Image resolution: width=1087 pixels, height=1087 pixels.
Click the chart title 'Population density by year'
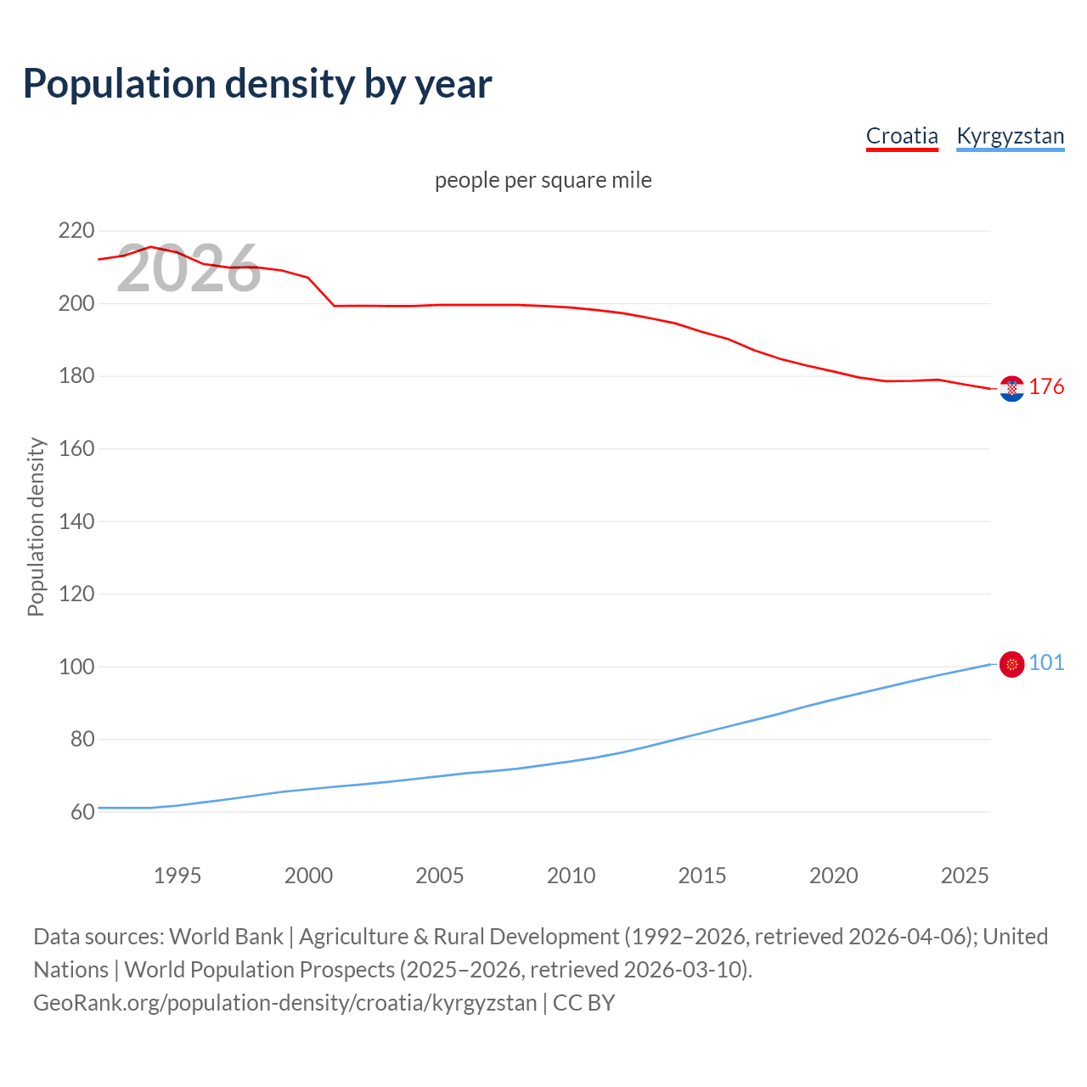point(257,84)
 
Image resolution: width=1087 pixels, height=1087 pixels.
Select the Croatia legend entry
point(902,136)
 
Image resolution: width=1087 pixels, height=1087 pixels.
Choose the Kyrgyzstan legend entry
point(1010,136)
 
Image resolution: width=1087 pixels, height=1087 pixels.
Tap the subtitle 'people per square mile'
point(543,180)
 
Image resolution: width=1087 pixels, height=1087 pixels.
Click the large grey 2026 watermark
point(189,269)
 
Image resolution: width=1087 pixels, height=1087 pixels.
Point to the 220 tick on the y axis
point(76,231)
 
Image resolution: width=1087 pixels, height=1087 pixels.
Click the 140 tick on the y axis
point(76,521)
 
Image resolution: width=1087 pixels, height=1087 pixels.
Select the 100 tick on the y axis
point(76,667)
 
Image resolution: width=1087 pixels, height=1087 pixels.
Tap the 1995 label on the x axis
point(177,876)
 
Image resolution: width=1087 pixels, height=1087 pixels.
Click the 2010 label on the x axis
point(571,876)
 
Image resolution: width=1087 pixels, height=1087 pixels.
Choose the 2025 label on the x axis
point(965,876)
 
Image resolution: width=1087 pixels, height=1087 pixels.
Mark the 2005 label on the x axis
point(440,876)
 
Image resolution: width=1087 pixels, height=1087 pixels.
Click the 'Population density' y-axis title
point(36,527)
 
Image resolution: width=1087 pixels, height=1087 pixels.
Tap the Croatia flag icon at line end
point(1011,389)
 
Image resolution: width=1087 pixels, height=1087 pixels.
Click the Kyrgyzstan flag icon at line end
point(1011,664)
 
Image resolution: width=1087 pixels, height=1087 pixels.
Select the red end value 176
point(1046,387)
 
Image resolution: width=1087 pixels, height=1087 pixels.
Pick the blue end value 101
point(1046,663)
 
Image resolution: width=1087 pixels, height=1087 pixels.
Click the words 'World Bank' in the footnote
point(226,937)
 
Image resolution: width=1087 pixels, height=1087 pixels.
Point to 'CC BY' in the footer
point(583,1003)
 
